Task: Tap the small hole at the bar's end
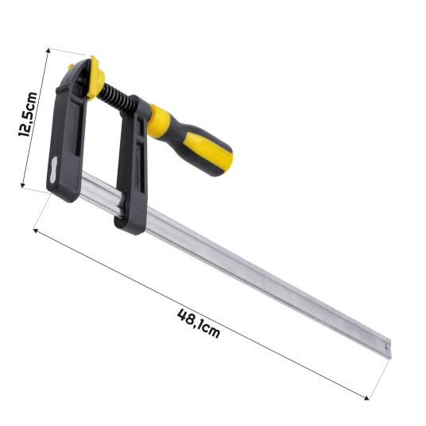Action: coord(386,346)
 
